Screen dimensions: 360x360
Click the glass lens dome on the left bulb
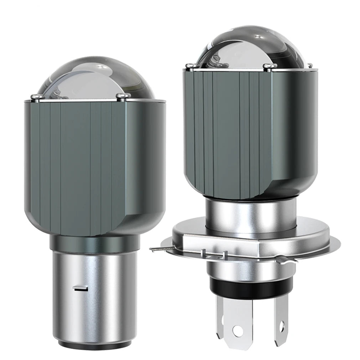[x=96, y=78]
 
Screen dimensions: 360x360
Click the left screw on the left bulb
[x=36, y=97]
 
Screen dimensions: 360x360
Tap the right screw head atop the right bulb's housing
[x=270, y=66]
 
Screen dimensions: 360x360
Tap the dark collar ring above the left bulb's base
[x=94, y=243]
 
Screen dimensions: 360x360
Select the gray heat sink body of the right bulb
[x=246, y=132]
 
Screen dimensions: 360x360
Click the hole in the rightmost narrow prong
[x=282, y=325]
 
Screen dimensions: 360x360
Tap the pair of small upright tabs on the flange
[x=214, y=254]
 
